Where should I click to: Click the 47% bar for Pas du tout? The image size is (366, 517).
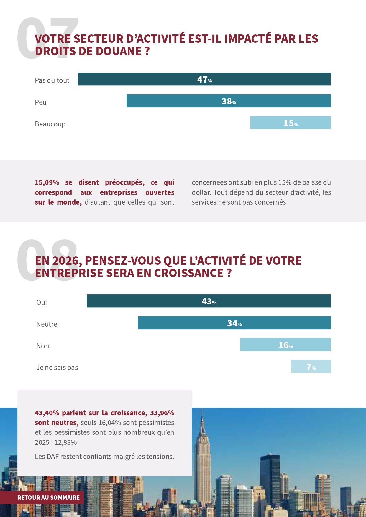204,79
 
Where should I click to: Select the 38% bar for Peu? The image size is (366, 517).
229,101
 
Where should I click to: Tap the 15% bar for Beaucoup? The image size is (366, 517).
290,123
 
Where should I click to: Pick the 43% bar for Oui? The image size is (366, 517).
209,301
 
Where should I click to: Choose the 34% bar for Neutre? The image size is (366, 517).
234,323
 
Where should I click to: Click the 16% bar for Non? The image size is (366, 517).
285,345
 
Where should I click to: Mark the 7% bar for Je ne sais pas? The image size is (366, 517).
311,366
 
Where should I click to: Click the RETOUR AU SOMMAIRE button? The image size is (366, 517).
48,498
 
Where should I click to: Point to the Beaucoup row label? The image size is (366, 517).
50,124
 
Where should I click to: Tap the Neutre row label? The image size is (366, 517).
47,324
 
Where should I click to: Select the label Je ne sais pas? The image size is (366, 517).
57,368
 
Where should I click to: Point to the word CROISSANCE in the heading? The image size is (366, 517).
188,273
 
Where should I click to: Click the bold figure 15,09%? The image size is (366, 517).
47,182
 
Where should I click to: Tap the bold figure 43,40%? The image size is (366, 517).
47,413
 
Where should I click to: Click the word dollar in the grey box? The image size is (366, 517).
201,192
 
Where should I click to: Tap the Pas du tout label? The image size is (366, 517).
52,80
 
